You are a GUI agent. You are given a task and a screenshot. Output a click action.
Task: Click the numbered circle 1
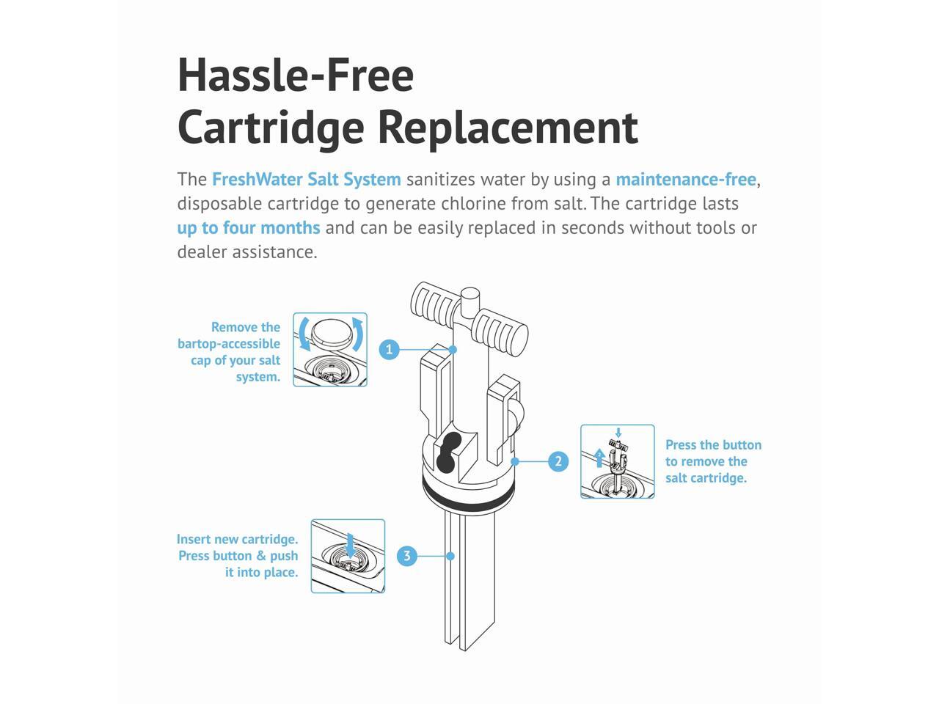click(390, 350)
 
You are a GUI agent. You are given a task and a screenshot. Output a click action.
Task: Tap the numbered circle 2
click(558, 461)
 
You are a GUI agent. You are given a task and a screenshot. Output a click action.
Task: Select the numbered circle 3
click(407, 556)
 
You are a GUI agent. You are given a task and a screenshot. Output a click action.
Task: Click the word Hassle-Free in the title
click(296, 75)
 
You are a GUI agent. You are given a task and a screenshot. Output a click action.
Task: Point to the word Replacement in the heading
click(508, 126)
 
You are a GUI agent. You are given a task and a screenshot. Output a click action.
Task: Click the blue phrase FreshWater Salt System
click(306, 180)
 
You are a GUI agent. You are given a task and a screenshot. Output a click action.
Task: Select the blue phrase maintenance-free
click(685, 180)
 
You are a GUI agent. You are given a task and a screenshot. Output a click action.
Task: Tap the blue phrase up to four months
click(249, 228)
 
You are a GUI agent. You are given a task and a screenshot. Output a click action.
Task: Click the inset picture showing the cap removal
click(330, 350)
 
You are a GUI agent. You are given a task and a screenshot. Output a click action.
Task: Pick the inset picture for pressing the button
click(617, 461)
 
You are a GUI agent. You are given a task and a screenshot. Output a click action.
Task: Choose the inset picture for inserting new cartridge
click(348, 556)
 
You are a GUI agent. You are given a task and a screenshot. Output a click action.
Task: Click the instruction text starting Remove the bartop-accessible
click(230, 352)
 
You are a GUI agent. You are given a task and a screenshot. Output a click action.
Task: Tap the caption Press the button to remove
click(712, 461)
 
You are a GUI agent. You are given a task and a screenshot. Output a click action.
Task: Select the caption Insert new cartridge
click(238, 556)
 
